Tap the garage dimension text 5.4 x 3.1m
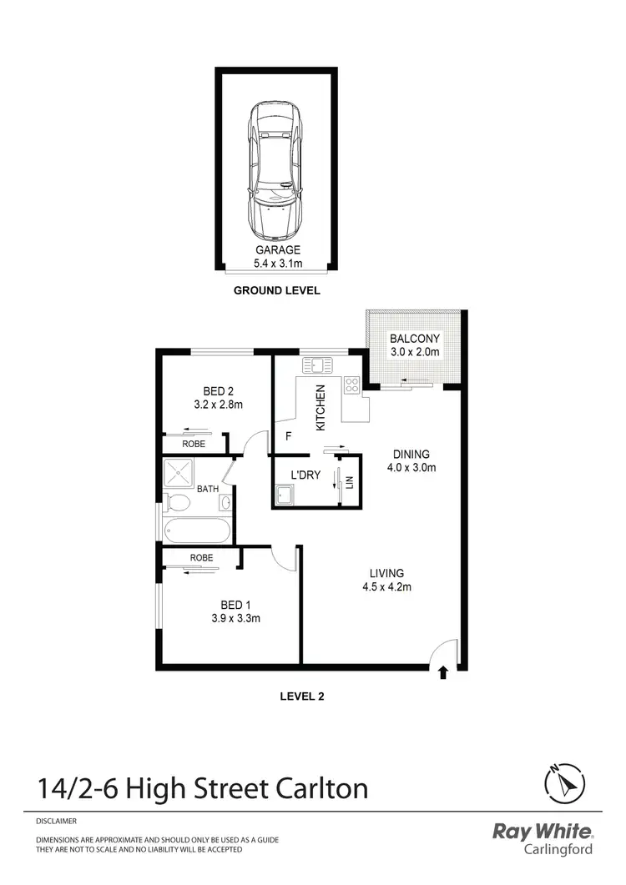[277, 264]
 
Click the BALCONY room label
[415, 339]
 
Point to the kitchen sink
[318, 365]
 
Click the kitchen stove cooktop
[352, 385]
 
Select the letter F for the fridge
[289, 435]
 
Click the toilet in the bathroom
[176, 503]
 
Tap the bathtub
[197, 530]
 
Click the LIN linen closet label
[351, 481]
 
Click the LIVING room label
[387, 573]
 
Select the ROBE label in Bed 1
[201, 557]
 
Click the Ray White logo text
[543, 832]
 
